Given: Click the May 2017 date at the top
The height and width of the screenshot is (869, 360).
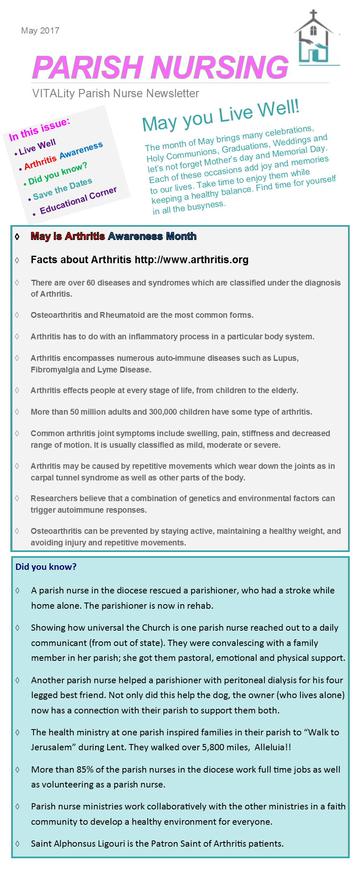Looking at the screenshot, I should tap(40, 31).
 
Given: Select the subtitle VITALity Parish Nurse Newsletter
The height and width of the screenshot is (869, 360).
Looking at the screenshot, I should tap(115, 94).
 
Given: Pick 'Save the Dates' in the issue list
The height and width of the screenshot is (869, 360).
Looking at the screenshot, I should tap(62, 189).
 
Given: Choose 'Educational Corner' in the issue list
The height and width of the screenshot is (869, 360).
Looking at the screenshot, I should tap(78, 201).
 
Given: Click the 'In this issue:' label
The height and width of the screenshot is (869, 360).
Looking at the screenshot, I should tap(39, 129).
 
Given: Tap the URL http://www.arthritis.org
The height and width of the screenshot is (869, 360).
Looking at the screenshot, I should tap(192, 260).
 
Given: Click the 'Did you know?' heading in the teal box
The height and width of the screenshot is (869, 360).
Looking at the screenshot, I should tap(46, 567).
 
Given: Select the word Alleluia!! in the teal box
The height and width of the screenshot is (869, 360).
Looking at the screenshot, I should tap(273, 747).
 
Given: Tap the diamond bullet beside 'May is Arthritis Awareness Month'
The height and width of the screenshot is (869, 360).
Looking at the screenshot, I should tap(17, 237).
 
